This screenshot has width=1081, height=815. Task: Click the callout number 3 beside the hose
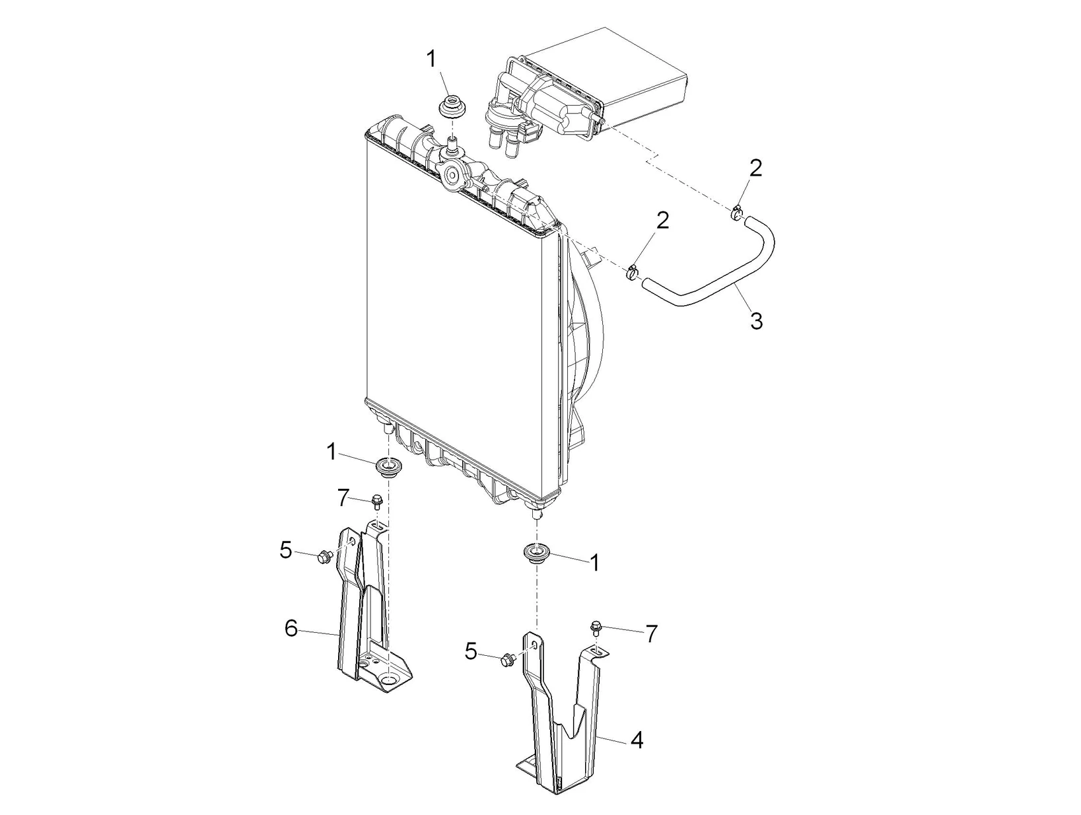756,322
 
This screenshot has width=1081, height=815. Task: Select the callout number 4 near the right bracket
636,740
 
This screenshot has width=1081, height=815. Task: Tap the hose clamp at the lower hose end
635,271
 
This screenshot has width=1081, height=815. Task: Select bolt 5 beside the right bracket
508,658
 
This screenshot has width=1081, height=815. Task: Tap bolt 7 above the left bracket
378,501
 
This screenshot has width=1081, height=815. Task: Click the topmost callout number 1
431,59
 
